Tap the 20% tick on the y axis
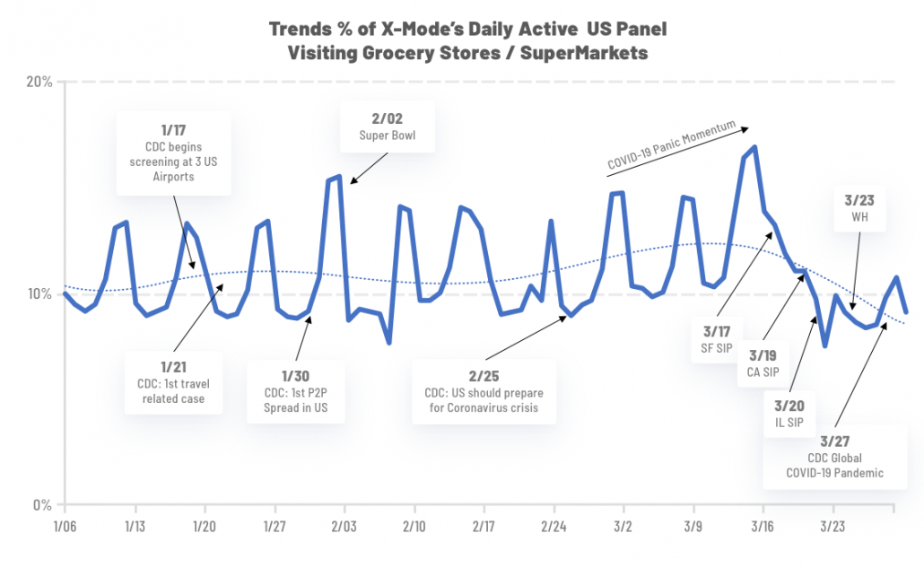[40, 83]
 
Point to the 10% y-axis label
[40, 294]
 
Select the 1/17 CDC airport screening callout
[174, 153]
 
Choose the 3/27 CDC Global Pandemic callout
[835, 456]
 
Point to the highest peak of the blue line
[755, 146]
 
